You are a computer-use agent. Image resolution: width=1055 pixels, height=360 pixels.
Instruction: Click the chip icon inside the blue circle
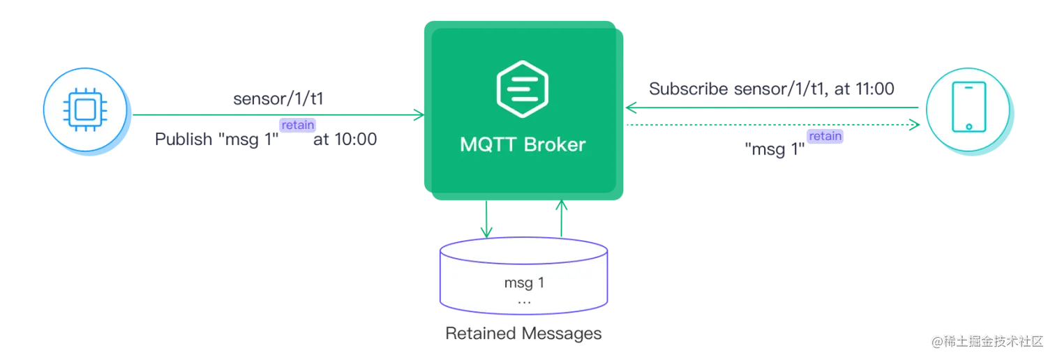84,112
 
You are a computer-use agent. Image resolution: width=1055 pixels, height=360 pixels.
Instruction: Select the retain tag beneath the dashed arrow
825,137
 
